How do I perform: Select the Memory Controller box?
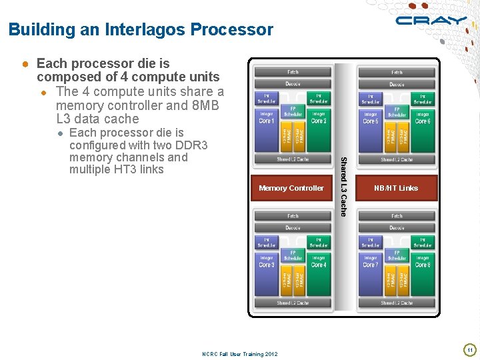(x=291, y=188)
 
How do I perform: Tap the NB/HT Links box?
(x=397, y=188)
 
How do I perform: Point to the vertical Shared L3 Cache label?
(x=343, y=186)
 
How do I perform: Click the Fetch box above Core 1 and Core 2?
(x=293, y=72)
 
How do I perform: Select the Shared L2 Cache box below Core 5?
(x=397, y=159)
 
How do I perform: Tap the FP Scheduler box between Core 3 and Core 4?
(x=293, y=255)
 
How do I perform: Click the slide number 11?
(x=469, y=350)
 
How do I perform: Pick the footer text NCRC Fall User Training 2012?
(x=239, y=354)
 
